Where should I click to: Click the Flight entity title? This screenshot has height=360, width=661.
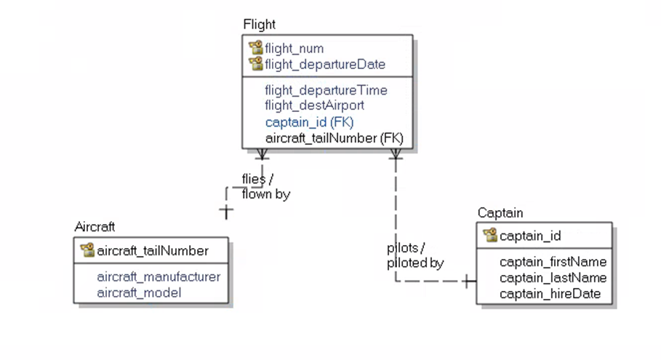(259, 25)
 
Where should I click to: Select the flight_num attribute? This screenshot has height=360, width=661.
(294, 49)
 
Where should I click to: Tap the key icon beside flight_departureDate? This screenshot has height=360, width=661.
(255, 64)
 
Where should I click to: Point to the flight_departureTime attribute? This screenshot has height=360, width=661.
(326, 90)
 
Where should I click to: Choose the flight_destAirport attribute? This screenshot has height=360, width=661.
(314, 106)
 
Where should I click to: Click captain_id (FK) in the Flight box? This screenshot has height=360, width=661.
(309, 121)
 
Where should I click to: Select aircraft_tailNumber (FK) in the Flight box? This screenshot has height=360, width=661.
(334, 137)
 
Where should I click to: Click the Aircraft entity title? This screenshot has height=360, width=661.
(95, 227)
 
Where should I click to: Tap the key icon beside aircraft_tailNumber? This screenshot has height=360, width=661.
(87, 251)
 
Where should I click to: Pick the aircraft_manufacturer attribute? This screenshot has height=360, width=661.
(158, 276)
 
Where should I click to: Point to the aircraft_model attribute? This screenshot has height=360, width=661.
(138, 292)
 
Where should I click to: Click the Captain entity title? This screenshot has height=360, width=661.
(500, 212)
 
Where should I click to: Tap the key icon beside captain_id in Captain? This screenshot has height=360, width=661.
(490, 236)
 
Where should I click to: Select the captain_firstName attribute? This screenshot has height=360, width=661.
(553, 261)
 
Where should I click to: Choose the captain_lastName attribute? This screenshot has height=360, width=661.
(553, 277)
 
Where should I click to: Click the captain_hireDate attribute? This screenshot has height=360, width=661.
(550, 293)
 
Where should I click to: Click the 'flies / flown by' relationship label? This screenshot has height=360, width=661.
(265, 187)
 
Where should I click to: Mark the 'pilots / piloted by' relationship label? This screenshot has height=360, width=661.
(414, 255)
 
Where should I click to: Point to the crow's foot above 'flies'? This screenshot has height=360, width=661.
(263, 153)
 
